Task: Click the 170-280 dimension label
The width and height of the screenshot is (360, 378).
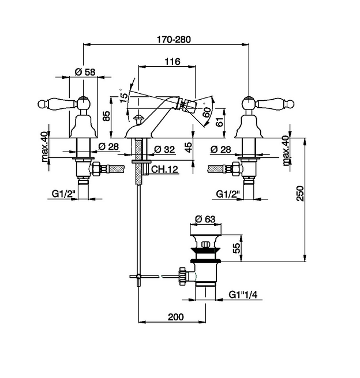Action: tap(174, 39)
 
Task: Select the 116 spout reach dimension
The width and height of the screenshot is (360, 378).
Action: tap(172, 62)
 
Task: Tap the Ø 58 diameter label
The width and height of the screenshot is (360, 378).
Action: tap(85, 72)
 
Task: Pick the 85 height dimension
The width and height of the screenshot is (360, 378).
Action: tap(106, 116)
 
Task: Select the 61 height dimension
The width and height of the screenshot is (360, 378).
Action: tap(219, 123)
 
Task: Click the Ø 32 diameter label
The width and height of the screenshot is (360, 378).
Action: tap(164, 149)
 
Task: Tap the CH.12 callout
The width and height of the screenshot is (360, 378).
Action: tap(164, 169)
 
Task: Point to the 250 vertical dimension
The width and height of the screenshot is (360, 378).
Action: tap(299, 193)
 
